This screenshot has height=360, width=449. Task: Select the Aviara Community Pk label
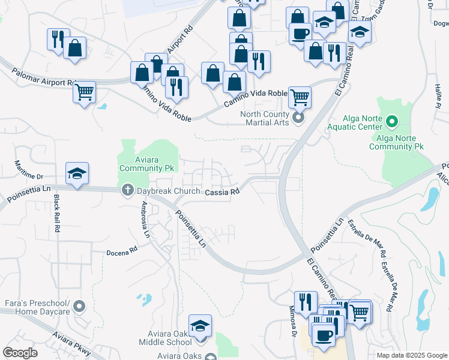(x=147, y=164)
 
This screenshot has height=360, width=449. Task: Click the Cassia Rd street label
(x=222, y=192)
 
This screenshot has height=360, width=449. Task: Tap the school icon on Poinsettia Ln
(x=77, y=173)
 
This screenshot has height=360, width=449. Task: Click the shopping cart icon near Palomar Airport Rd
(x=85, y=92)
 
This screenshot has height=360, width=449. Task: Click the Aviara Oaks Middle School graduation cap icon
(x=200, y=325)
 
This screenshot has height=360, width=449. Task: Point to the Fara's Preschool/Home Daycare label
(x=36, y=307)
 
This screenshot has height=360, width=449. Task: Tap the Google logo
(x=20, y=352)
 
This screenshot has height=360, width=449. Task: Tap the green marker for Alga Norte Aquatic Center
(x=392, y=122)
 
